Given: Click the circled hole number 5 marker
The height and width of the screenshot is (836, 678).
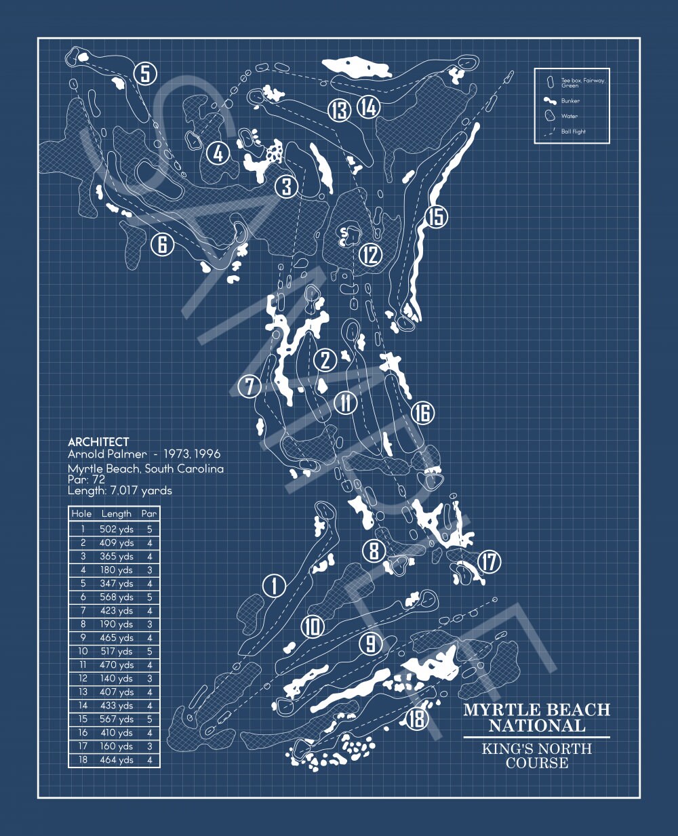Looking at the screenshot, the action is click(x=145, y=73).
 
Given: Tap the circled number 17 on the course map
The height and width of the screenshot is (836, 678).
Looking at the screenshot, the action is click(x=490, y=561).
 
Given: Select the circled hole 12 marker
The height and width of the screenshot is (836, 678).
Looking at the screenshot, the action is click(x=370, y=255).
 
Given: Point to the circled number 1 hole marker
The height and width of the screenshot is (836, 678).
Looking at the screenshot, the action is click(x=275, y=586).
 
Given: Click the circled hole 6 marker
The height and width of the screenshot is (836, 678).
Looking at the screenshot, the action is click(x=163, y=244).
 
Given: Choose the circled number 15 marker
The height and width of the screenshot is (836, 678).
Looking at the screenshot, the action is click(x=436, y=217).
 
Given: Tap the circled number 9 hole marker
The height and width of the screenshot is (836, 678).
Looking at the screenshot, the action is click(x=371, y=643).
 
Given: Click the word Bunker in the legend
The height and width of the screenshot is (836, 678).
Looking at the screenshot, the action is click(x=570, y=101).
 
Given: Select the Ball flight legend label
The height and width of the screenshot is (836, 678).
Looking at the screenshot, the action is click(x=573, y=132).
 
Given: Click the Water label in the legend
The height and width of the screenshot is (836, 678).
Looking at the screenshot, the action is click(x=570, y=116).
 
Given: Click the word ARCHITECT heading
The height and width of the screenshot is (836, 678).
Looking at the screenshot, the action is click(x=98, y=442).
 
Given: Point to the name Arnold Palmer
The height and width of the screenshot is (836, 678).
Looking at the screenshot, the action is click(x=107, y=454).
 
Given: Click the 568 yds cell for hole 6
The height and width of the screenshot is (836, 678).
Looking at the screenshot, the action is click(x=117, y=597).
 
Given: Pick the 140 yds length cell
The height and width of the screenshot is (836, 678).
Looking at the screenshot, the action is click(x=117, y=678).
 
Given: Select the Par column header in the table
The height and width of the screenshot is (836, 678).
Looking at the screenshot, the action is click(x=149, y=513).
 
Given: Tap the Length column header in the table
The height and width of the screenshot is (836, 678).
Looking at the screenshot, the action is click(x=116, y=514).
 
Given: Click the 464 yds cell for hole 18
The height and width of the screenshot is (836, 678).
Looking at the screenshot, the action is click(x=117, y=759).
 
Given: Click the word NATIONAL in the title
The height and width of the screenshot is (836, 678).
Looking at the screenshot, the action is click(x=537, y=726).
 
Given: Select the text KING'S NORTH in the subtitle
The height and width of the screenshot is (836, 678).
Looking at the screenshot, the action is click(x=537, y=749).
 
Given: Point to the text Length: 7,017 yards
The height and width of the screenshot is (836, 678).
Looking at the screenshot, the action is click(x=120, y=491).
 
